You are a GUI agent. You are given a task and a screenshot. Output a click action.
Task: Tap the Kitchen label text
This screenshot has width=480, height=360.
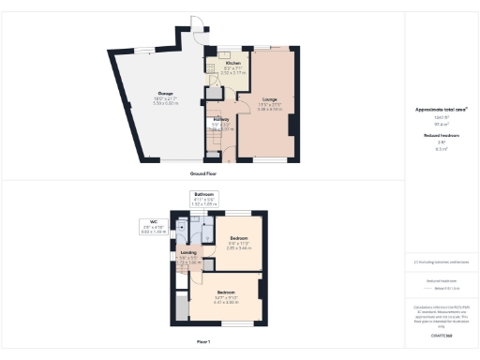pyautogui.click(x=233, y=63)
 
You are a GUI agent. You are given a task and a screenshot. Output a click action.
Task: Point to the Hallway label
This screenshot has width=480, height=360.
pyautogui.click(x=221, y=120)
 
